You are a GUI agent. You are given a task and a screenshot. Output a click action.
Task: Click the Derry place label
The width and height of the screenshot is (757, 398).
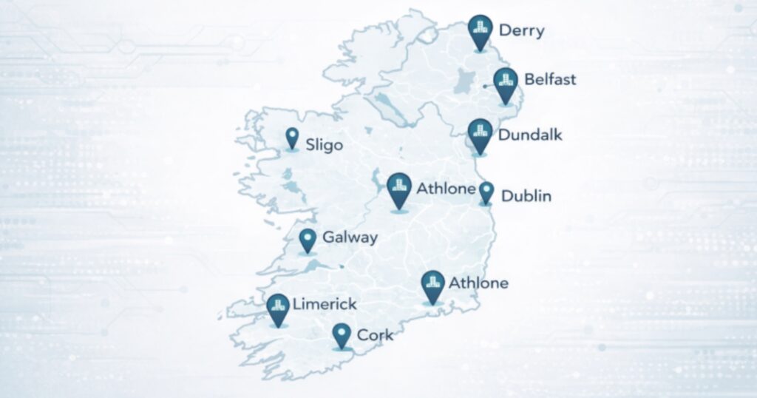tap(521, 30)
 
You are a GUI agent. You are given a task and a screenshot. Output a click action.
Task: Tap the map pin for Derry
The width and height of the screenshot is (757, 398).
tap(481, 30)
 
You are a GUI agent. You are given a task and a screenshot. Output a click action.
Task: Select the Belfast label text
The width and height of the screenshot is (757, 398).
tap(549, 79)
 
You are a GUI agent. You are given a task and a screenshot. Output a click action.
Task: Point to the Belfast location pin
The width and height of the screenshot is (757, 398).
tap(506, 83)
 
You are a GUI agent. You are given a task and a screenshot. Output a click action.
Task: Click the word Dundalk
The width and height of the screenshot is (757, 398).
tap(530, 135)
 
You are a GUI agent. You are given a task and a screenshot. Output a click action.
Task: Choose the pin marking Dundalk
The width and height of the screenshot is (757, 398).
tap(480, 135)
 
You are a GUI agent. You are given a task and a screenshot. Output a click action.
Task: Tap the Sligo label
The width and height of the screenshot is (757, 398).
tap(325, 145)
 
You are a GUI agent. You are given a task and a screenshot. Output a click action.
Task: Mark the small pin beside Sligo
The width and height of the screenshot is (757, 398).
tap(293, 138)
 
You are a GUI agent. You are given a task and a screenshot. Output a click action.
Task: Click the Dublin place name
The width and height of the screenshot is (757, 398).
tap(526, 196)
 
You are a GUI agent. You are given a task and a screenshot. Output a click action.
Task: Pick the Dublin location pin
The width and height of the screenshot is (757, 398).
tap(486, 192)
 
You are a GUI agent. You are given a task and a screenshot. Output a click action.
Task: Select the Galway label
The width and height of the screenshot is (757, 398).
tap(350, 238)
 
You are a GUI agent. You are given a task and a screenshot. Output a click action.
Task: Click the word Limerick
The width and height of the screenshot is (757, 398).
tap(325, 304)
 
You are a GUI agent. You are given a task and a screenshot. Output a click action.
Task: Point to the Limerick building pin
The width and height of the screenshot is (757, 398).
tap(278, 308)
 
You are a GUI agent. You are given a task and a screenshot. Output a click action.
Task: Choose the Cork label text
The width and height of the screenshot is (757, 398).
tap(375, 335)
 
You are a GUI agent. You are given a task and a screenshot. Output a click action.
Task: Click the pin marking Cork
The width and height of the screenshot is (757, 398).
tap(341, 334)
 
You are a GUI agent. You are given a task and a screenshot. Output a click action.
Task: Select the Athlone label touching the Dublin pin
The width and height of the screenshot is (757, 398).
tap(445, 189)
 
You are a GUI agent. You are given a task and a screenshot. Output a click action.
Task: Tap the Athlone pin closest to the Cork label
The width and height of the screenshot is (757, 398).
tap(432, 286)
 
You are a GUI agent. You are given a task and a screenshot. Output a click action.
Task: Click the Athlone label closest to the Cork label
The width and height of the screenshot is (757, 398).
tap(478, 283)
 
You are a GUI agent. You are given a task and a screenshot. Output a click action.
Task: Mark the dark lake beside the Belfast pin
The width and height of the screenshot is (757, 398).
tap(466, 81)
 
